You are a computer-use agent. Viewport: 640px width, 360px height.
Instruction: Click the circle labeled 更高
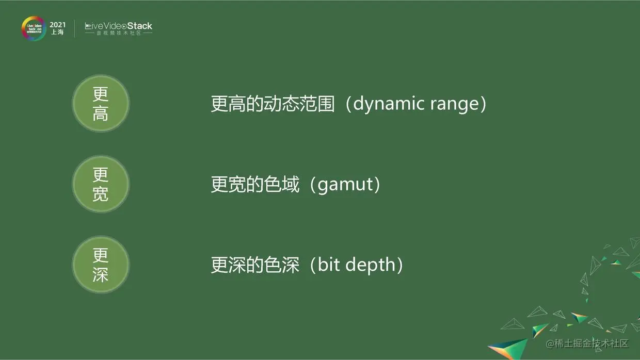pos(101,103)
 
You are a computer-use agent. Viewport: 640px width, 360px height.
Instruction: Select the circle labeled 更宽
pos(101,184)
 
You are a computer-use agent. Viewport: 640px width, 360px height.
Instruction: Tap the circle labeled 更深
pos(101,265)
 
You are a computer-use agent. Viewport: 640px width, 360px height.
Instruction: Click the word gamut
pos(345,185)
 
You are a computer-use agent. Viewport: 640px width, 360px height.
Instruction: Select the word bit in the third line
pos(329,264)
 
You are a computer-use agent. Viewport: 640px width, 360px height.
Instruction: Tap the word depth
pos(370,265)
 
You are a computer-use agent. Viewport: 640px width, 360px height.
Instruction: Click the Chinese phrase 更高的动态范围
pos(273,103)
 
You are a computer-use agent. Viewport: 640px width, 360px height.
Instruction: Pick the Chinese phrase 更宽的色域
pos(255,184)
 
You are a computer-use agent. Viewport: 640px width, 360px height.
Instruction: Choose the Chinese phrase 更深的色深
pos(255,265)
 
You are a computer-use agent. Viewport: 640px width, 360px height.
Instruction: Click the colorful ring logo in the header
pos(34,28)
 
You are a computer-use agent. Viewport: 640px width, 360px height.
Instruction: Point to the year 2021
pos(57,25)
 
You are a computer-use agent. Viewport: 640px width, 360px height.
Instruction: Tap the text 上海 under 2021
pos(57,32)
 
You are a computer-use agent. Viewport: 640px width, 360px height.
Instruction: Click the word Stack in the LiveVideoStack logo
pos(139,26)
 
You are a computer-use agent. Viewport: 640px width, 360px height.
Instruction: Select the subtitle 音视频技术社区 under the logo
pos(119,33)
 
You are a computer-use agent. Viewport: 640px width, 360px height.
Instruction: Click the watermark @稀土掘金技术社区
pos(587,343)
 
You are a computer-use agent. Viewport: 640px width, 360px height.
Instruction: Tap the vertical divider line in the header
pos(74,28)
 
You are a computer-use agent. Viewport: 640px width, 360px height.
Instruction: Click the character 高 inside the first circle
pos(100,113)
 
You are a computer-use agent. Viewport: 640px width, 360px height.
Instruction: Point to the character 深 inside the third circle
pos(100,274)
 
